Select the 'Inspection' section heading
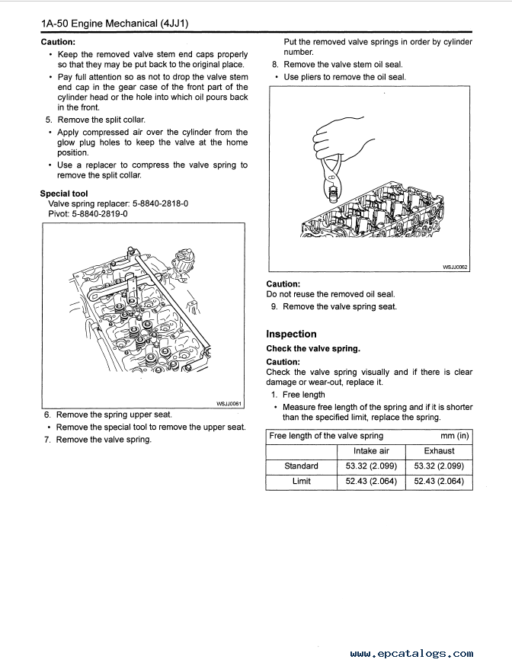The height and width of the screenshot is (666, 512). tap(291, 334)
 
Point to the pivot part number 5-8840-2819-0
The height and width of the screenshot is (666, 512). tap(101, 214)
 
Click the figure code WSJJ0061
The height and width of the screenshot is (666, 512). tap(229, 404)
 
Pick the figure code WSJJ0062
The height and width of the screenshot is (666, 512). tap(455, 267)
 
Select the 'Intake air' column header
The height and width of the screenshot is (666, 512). tap(371, 451)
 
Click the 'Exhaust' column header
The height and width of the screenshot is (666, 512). tap(439, 451)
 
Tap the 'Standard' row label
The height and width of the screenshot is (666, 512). tap(301, 466)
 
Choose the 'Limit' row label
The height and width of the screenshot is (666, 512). tap(301, 481)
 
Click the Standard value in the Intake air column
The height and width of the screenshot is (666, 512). tap(371, 466)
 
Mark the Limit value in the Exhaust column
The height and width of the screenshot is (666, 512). tap(439, 481)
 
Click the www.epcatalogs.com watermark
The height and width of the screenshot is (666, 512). tap(412, 653)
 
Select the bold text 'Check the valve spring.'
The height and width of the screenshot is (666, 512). tap(313, 348)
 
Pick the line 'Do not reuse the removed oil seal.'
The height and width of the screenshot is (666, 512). tap(331, 294)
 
